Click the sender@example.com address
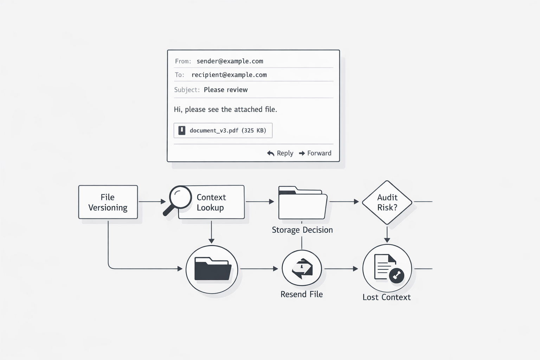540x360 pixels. click(x=230, y=61)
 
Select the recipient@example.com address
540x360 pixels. click(x=229, y=75)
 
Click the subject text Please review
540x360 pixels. click(x=226, y=90)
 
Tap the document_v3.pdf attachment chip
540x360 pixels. click(x=223, y=130)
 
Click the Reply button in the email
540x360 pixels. click(x=280, y=153)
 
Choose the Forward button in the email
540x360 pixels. click(x=315, y=153)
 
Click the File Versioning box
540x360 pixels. click(x=108, y=202)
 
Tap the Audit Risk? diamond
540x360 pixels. click(x=387, y=202)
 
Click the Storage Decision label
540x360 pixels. click(x=302, y=230)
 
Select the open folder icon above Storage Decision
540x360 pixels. click(x=302, y=203)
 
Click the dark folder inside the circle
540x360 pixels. click(x=212, y=269)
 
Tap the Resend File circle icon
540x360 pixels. click(x=302, y=269)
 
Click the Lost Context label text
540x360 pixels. click(x=386, y=297)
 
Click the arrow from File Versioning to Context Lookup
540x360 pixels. click(x=152, y=202)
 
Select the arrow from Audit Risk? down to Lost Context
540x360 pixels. click(x=387, y=234)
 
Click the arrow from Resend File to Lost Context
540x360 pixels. click(x=341, y=269)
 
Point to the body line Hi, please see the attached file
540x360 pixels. click(x=225, y=110)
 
